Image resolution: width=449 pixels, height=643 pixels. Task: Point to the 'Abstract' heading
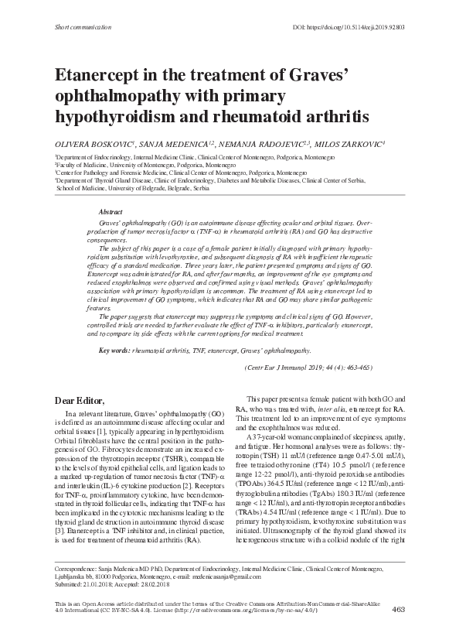111,211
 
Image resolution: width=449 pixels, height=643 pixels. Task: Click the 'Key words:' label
114,351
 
